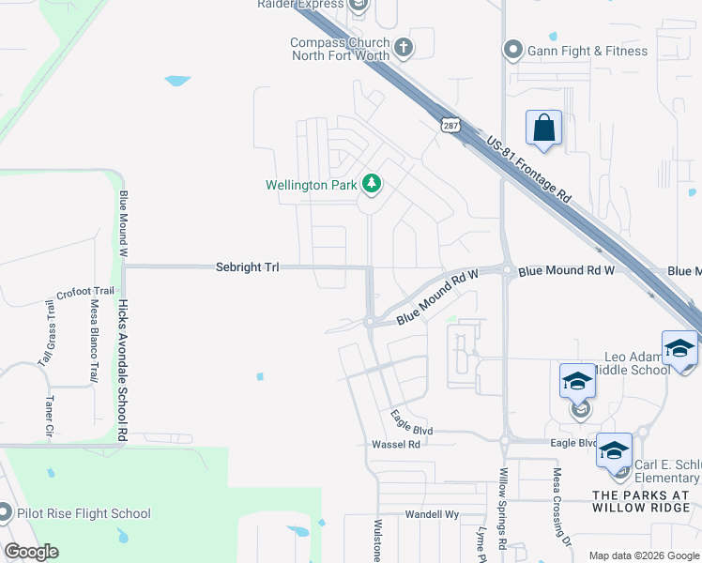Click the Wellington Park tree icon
(373, 184)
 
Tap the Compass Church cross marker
(404, 47)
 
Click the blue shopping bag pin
(544, 129)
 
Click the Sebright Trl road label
(247, 267)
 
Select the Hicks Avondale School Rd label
(122, 371)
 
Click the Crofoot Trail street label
(84, 294)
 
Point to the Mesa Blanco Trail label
(94, 340)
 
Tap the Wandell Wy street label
(431, 514)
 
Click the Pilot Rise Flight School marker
(5, 513)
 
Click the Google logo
(31, 551)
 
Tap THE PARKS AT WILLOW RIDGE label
(646, 501)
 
